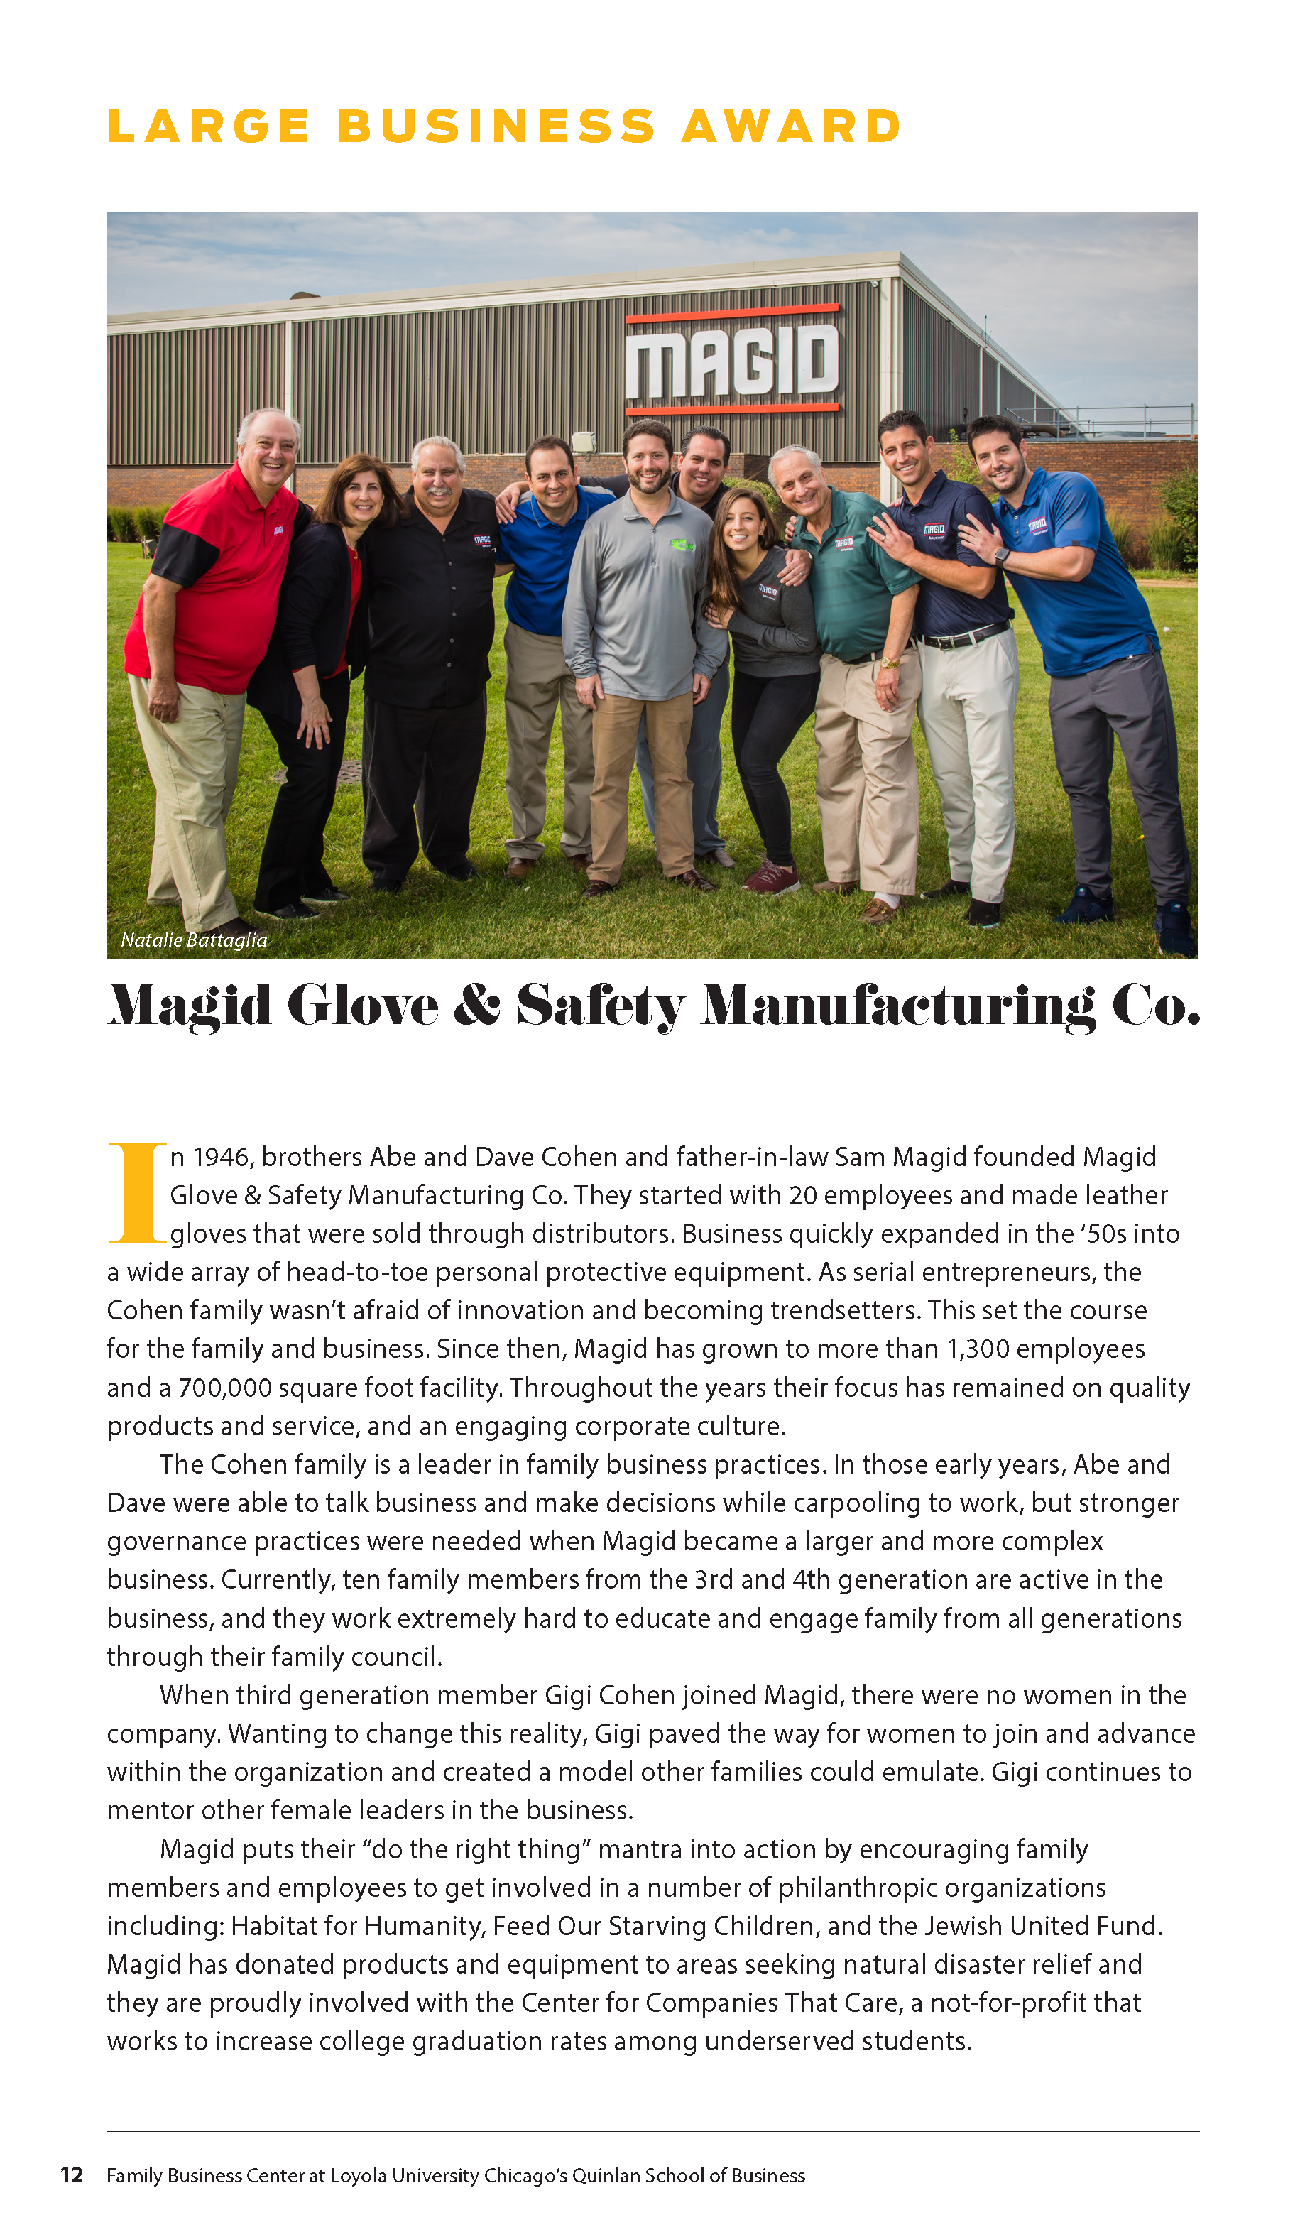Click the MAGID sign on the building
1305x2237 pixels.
tap(733, 359)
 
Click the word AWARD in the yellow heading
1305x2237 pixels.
tap(791, 126)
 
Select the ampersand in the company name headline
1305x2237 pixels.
tap(476, 1005)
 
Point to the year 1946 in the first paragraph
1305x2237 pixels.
tap(223, 1157)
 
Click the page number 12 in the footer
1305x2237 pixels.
tap(72, 2175)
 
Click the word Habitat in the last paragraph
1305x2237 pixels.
tap(273, 1925)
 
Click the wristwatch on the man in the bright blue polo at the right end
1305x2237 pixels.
tap(1003, 557)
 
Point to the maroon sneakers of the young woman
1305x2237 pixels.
tap(770, 877)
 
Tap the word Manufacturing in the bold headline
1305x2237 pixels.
tap(897, 1005)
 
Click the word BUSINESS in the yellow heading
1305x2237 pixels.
tap(496, 126)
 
